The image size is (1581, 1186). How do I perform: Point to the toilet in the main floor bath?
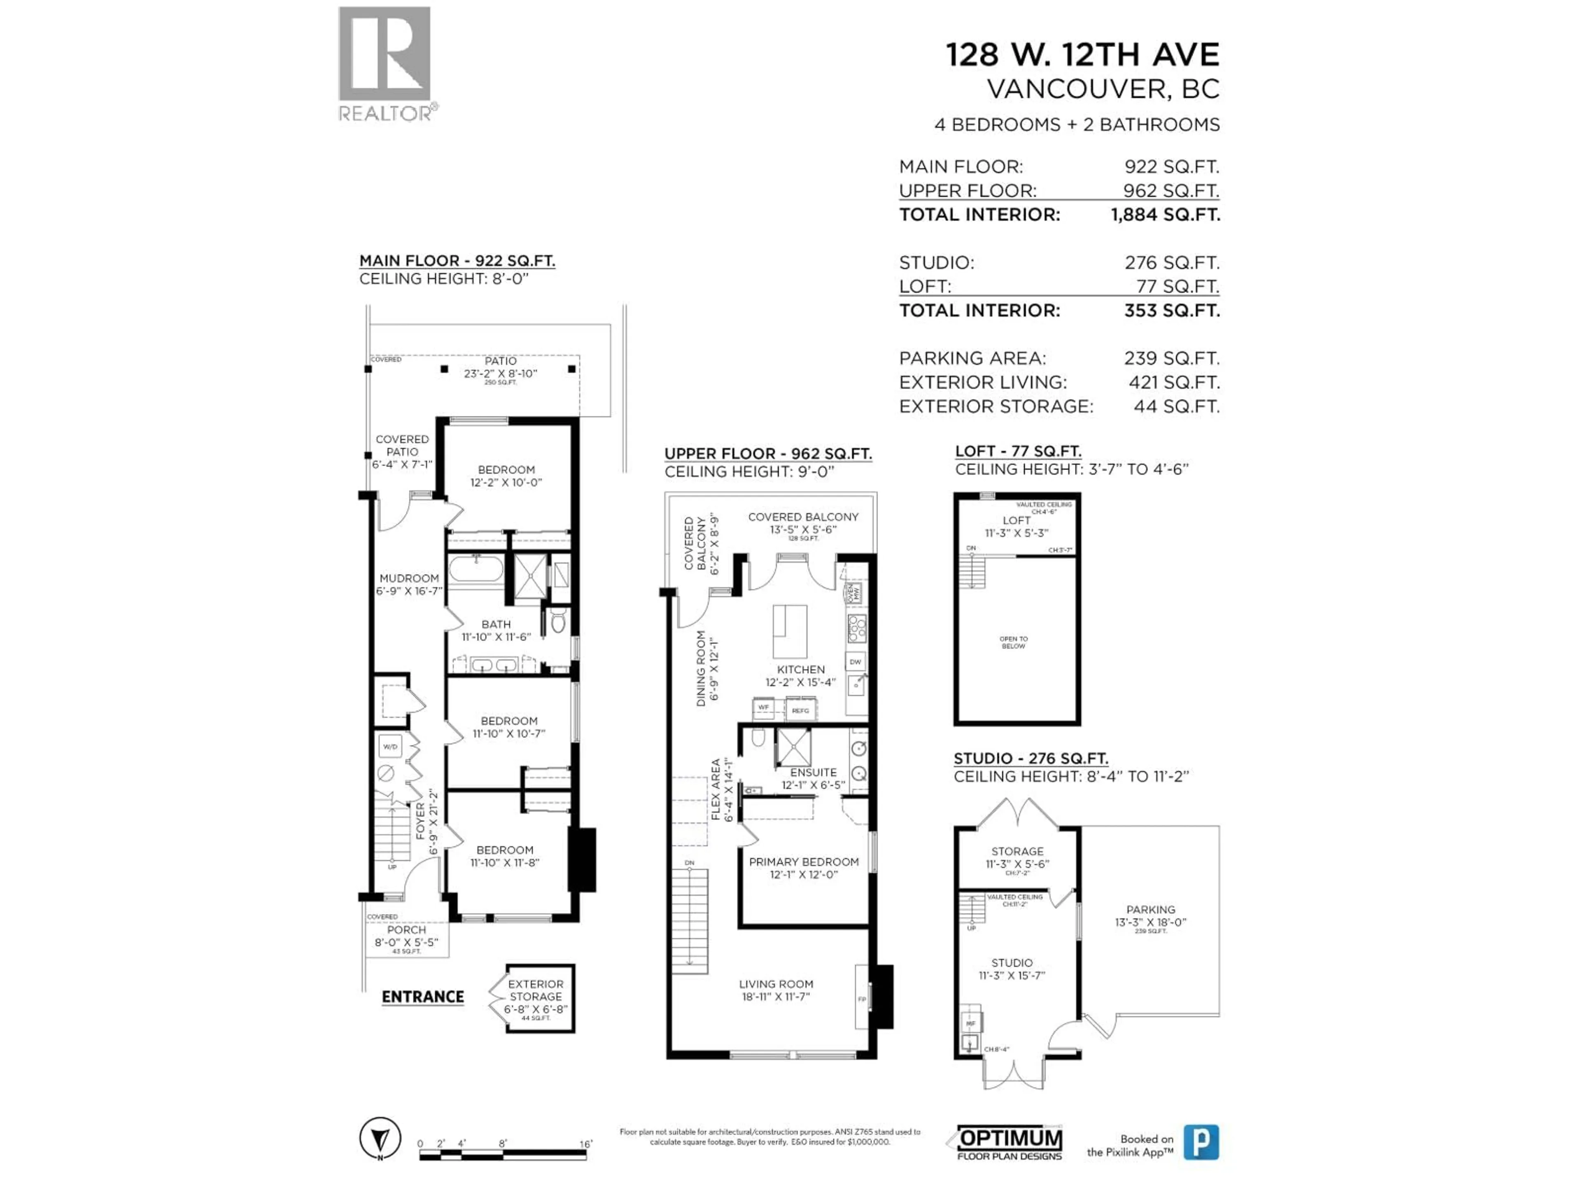(558, 622)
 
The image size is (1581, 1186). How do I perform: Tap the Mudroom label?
(409, 584)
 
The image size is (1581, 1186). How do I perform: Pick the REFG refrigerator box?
(800, 710)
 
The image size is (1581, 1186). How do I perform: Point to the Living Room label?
(776, 990)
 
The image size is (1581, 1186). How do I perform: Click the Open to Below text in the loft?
(1014, 642)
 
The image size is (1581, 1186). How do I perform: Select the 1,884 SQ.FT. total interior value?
(1165, 215)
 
